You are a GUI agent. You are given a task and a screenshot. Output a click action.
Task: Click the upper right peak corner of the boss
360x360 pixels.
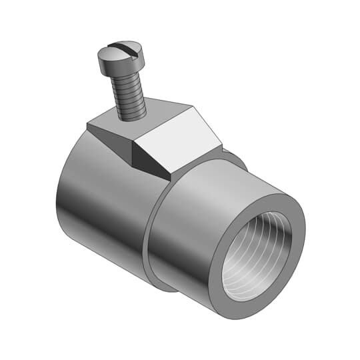[x=195, y=106]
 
